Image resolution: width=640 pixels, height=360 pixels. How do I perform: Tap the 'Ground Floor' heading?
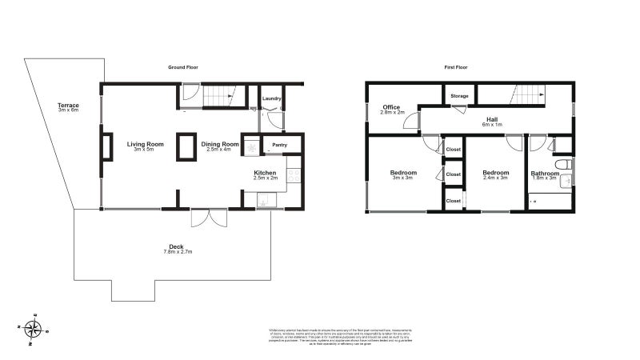(182, 68)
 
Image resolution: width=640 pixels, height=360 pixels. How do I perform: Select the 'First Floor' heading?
(456, 68)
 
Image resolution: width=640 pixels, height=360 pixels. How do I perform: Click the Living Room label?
(145, 144)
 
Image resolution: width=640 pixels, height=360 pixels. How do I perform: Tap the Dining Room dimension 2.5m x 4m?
(218, 149)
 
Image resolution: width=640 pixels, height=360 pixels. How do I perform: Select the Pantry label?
(279, 145)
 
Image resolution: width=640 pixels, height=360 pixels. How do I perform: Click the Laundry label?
(272, 99)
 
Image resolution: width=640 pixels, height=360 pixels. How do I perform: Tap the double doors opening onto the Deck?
(210, 218)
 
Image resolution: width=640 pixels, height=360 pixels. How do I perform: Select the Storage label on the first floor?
(459, 96)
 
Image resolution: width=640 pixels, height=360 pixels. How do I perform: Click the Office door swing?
(410, 122)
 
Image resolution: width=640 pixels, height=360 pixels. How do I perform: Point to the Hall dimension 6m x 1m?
(492, 125)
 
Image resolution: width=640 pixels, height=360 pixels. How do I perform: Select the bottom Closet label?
(454, 201)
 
